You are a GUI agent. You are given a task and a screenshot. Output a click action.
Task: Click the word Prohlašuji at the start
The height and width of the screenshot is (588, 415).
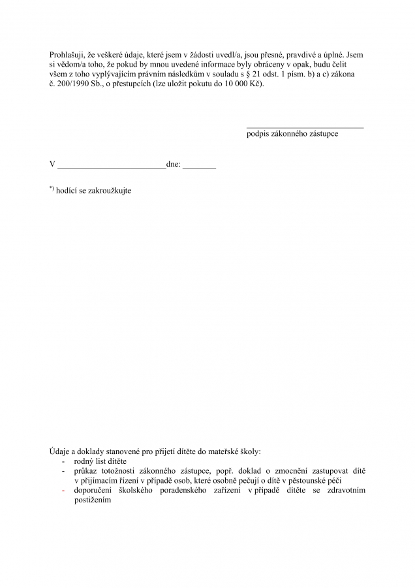coord(68,54)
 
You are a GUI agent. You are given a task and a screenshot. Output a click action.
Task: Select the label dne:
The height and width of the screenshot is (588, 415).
coord(174,165)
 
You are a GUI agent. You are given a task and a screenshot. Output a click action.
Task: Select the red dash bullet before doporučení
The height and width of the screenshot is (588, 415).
coord(63,491)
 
